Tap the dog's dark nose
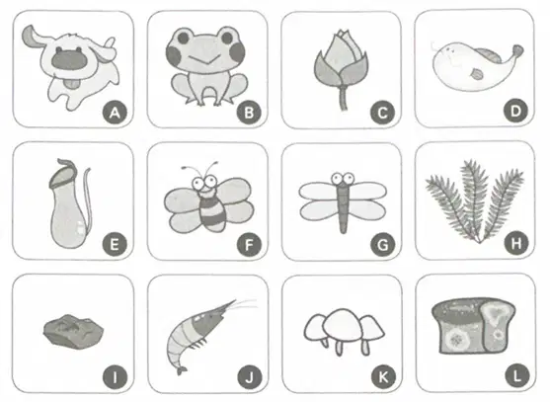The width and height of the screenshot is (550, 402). point(69,58)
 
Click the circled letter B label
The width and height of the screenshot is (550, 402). point(249,113)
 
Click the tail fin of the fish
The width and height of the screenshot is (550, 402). point(517,51)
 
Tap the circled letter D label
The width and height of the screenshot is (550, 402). point(515,112)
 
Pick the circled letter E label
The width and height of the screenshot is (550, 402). point(115,244)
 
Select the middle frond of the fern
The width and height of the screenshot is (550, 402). point(475,199)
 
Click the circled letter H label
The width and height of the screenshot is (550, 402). point(516,243)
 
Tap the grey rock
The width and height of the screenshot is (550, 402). point(73,331)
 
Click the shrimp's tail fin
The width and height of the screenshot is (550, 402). point(182,370)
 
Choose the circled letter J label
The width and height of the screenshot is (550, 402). point(250,377)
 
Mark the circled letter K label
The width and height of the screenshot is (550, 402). point(383,377)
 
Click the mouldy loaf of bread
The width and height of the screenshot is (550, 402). point(473,326)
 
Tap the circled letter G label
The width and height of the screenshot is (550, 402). point(383,245)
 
